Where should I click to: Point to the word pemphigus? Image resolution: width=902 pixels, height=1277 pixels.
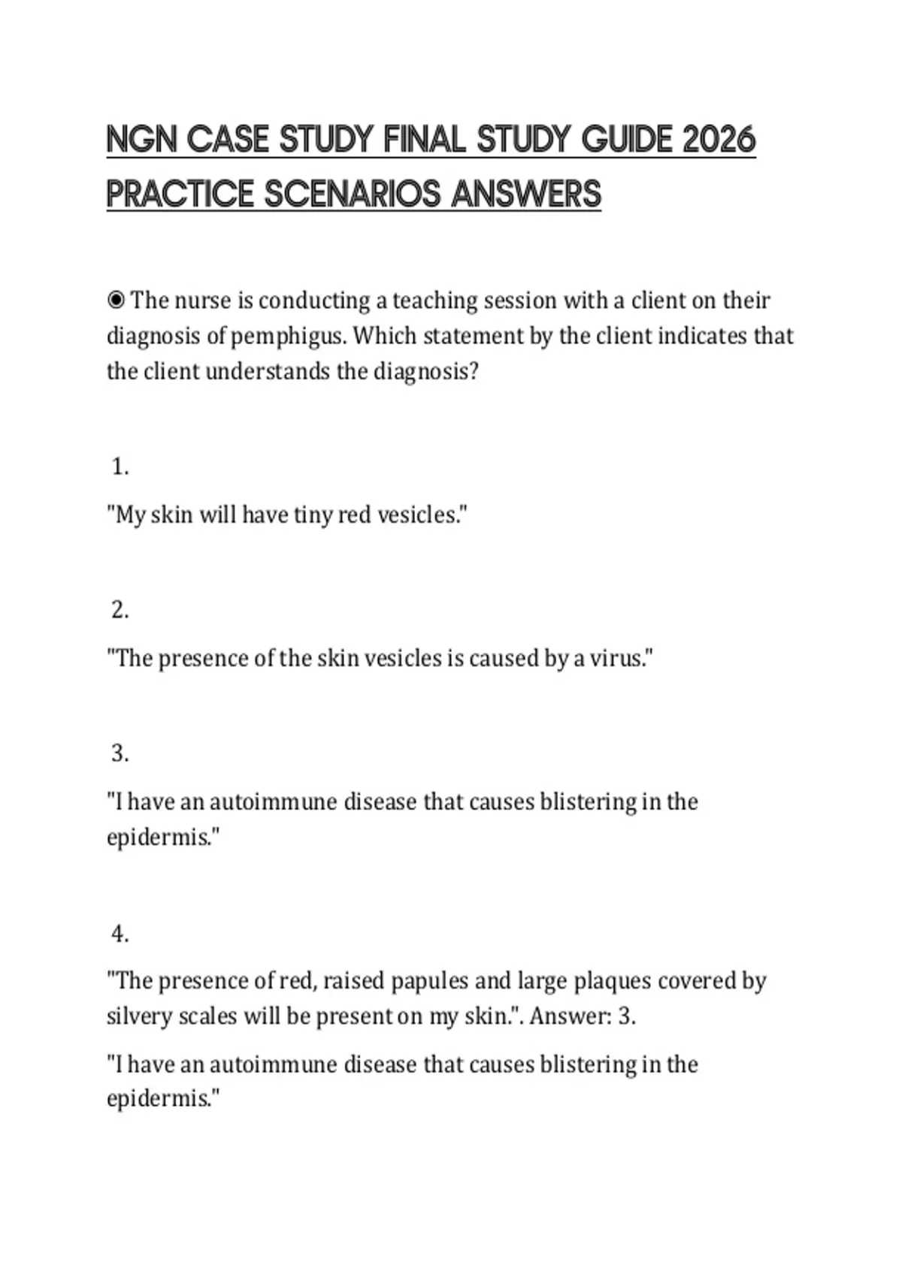(288, 336)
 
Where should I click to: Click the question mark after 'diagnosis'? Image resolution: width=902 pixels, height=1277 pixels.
(473, 371)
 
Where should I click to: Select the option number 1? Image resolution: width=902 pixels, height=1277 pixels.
(120, 467)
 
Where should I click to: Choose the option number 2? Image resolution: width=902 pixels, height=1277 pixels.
(120, 611)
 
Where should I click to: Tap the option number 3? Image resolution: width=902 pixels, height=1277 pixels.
(120, 753)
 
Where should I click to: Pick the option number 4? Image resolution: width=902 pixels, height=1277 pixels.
(120, 934)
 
